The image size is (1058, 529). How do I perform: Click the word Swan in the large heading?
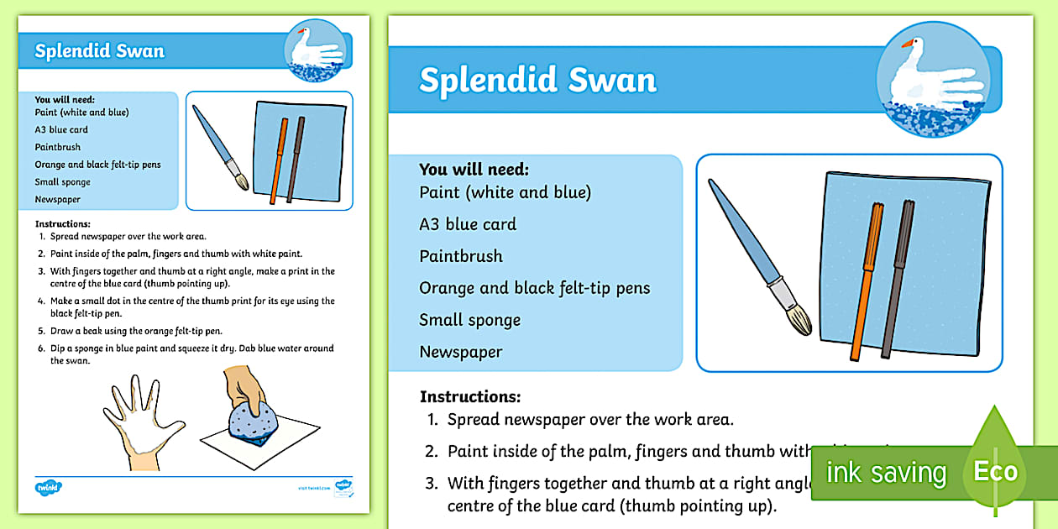pos(612,81)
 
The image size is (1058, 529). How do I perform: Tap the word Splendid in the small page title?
pos(69,51)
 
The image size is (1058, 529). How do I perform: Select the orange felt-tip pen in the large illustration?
pos(866,277)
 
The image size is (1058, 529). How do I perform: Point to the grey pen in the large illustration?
pos(897,277)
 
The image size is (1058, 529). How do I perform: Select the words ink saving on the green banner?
pos(886,473)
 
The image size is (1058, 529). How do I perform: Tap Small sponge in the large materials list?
pos(470,320)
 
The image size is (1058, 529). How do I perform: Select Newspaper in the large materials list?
pos(461,352)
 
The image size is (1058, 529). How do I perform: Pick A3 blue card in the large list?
pos(468,224)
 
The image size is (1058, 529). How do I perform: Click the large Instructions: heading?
pos(470,396)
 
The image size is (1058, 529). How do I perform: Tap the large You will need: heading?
pos(474,170)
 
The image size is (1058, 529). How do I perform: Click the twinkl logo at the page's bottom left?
pos(49,487)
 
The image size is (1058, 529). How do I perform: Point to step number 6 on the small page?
pos(41,348)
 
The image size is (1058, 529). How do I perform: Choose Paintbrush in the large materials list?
pos(461,256)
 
